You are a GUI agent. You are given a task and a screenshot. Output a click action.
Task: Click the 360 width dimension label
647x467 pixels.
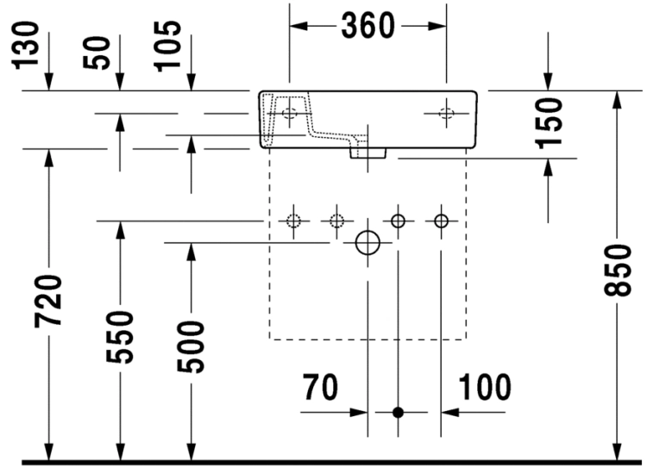tap(367, 26)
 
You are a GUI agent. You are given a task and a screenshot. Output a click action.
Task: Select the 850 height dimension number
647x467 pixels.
tap(618, 271)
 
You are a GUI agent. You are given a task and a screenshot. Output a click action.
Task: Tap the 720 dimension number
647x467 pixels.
tap(48, 302)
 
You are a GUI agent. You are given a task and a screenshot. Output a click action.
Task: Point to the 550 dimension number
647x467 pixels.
tap(120, 338)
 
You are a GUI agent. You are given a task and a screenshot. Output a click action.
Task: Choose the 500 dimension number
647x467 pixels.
tap(191, 347)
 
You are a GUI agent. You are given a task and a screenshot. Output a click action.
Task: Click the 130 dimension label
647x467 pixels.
tap(26, 46)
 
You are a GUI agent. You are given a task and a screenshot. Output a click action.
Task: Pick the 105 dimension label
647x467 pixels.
tap(167, 46)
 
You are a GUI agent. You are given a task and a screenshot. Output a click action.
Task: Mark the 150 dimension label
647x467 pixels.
tap(549, 123)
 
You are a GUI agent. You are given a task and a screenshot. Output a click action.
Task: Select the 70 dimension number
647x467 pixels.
tap(321, 387)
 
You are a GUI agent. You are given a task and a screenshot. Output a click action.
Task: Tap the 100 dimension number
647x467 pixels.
tap(485, 387)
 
